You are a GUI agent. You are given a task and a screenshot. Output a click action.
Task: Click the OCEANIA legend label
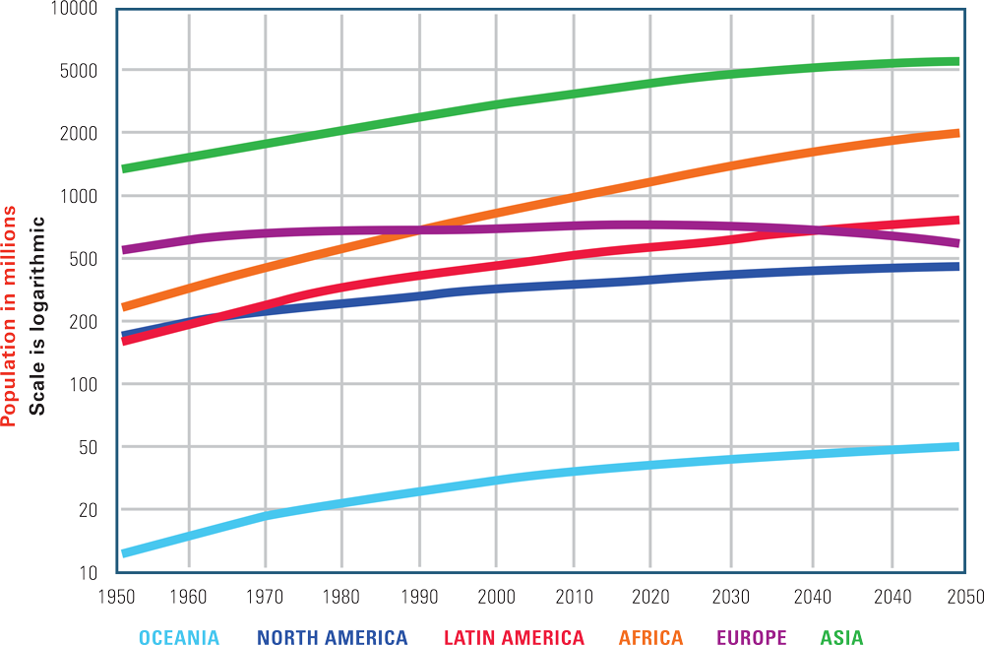(x=178, y=637)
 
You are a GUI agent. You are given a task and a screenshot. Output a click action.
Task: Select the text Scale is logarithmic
(x=37, y=315)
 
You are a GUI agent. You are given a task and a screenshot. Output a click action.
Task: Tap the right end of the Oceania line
(x=957, y=447)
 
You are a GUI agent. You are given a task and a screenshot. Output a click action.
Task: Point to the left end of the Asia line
(x=123, y=168)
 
